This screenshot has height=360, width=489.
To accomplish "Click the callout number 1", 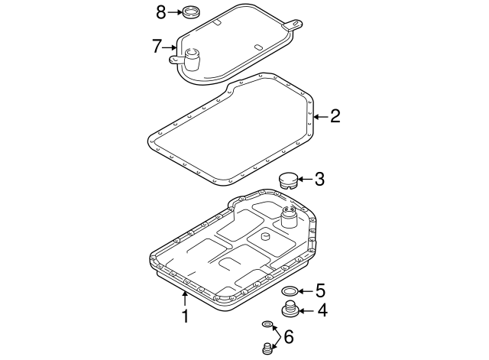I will [183, 315].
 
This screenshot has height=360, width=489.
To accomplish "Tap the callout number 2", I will [335, 116].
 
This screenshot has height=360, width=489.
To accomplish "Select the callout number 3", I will [319, 180].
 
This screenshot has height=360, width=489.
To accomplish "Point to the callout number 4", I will [322, 310].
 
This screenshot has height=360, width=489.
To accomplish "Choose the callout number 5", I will [321, 290].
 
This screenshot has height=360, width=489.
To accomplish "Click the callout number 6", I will [288, 336].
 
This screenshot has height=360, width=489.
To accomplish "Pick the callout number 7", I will [157, 46].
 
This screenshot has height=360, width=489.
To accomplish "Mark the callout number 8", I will [160, 11].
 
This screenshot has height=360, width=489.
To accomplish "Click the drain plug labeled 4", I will [289, 310].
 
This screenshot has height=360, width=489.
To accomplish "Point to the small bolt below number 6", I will [267, 350].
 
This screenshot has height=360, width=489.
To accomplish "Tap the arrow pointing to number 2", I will [320, 116].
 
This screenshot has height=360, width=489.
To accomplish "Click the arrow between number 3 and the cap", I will [303, 180].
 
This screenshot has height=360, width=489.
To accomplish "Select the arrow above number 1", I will [183, 298].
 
